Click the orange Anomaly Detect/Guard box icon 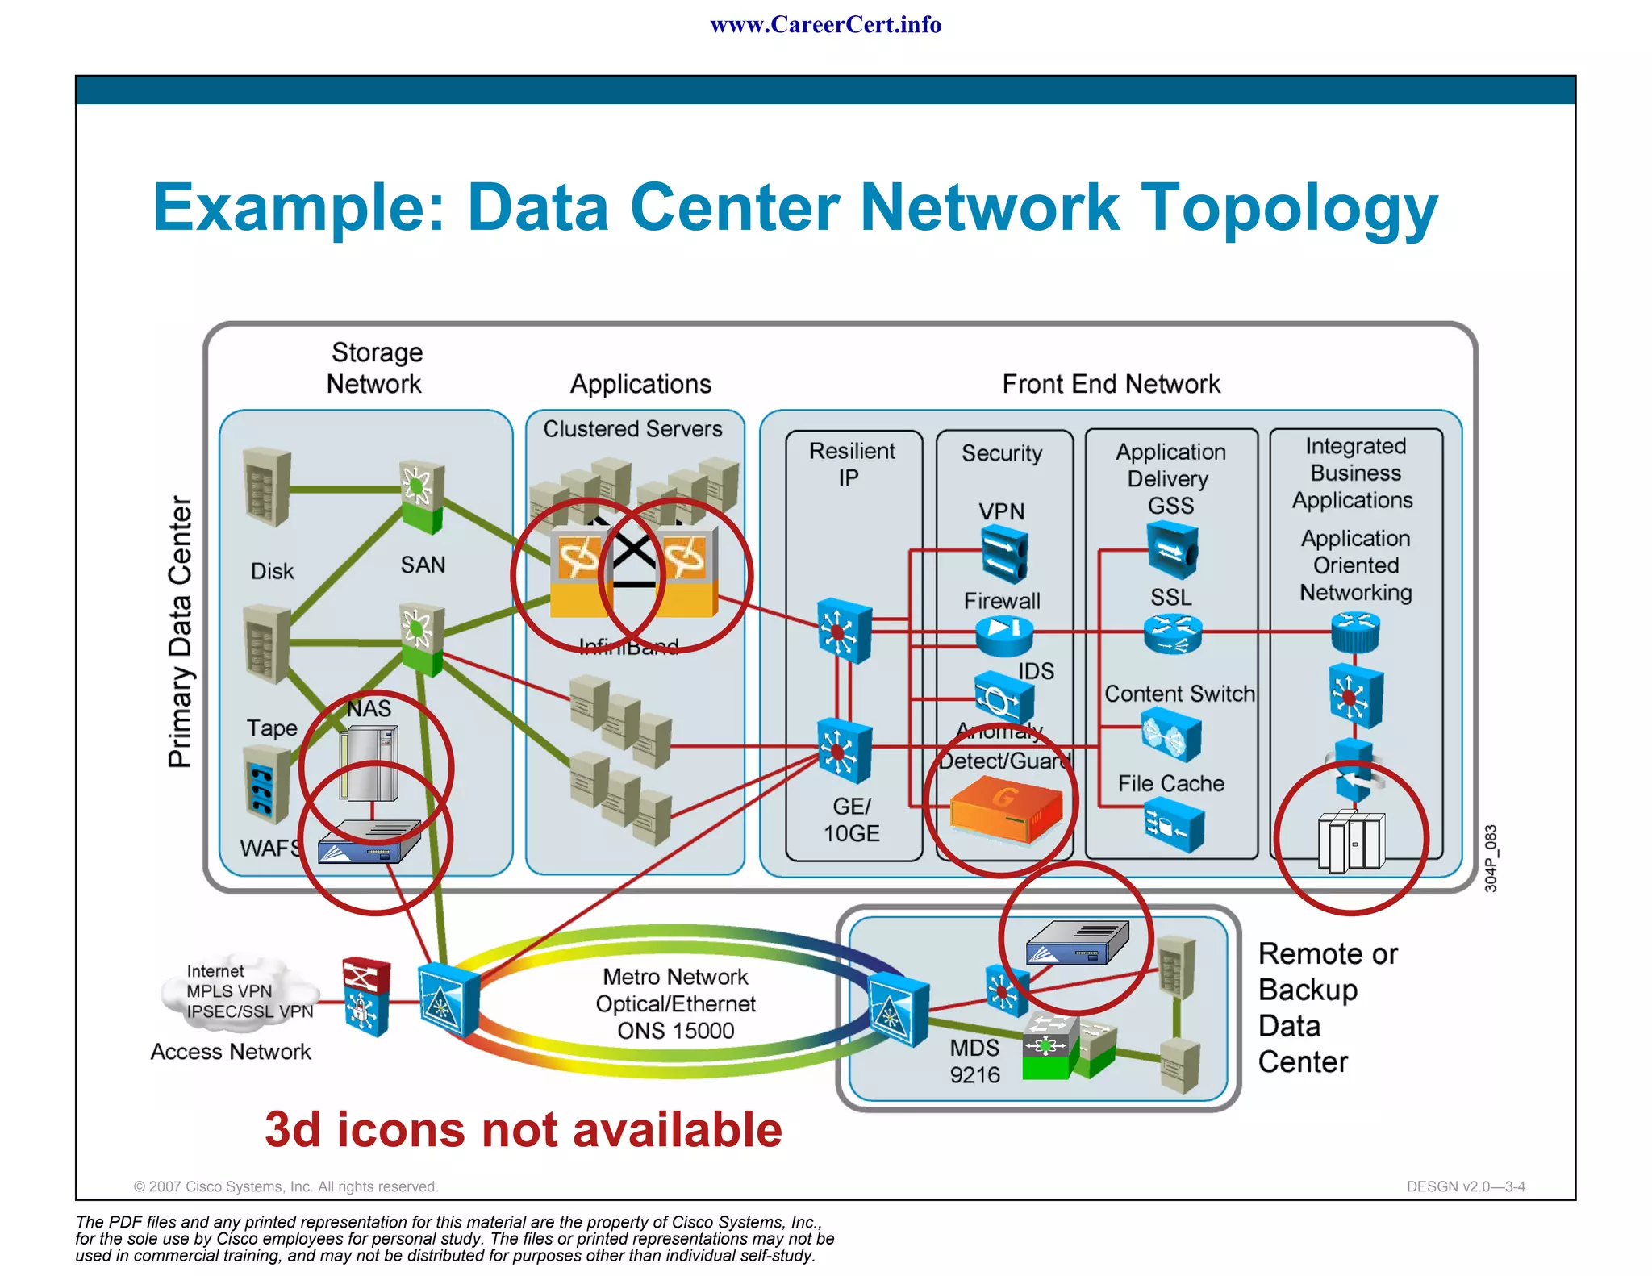coord(1005,810)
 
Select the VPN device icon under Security coord(1004,555)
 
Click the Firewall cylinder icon coord(1004,635)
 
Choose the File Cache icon coord(1174,825)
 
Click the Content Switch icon coord(1171,735)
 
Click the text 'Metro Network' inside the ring coord(675,977)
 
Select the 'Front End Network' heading coord(1111,384)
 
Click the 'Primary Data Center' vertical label coord(181,632)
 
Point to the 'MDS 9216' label coord(974,1061)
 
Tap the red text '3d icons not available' coord(524,1129)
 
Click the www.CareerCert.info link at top coord(825,25)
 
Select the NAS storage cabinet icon coord(369,763)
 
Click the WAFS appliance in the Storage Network coord(369,842)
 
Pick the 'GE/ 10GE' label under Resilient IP coord(852,819)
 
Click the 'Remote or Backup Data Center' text coord(1327,1007)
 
